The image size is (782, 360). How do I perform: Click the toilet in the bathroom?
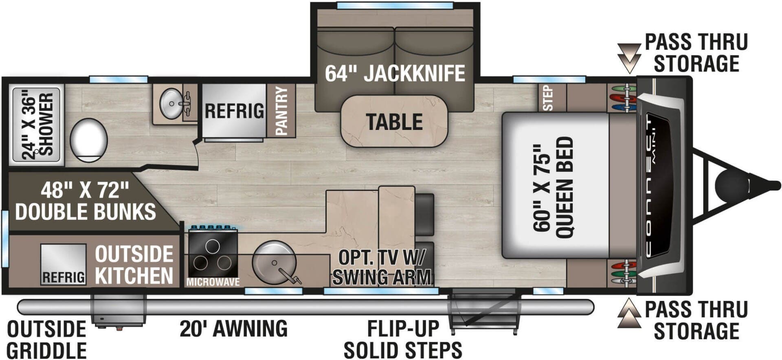[x=88, y=140]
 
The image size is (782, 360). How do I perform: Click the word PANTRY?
[x=281, y=111]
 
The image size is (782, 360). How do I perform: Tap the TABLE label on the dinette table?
[x=394, y=122]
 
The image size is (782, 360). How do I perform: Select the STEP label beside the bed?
[x=548, y=98]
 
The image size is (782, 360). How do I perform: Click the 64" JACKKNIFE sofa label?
[x=395, y=74]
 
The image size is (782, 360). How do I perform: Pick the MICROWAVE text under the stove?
[x=213, y=282]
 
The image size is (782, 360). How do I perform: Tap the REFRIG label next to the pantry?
[x=234, y=111]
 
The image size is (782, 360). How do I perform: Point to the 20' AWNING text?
[x=233, y=328]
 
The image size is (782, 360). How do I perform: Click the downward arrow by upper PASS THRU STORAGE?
[x=629, y=57]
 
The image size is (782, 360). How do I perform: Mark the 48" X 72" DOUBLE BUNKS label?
[x=85, y=201]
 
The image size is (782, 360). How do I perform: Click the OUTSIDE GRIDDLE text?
[x=46, y=340]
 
